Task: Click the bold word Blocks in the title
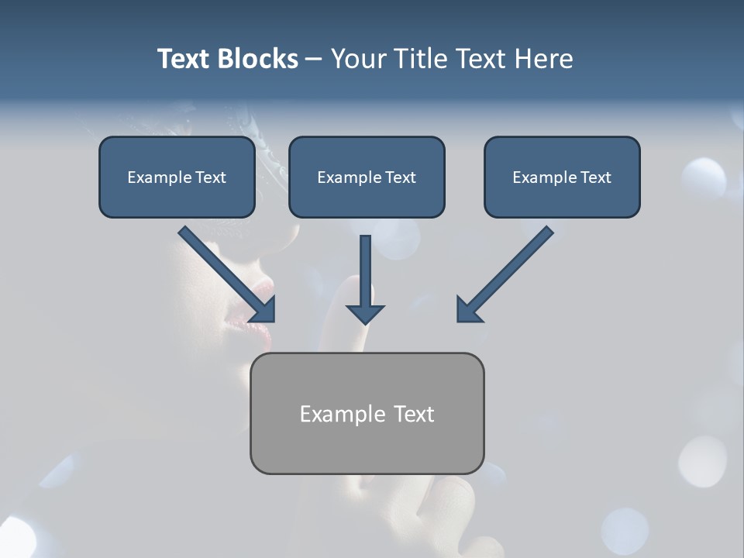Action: point(257,59)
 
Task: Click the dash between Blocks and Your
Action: point(314,60)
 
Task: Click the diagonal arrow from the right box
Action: point(508,271)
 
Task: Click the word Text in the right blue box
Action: point(595,177)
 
